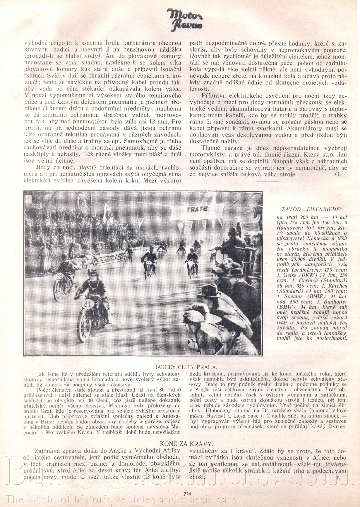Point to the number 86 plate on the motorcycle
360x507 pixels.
(60, 276)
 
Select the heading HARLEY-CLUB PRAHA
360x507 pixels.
(185, 367)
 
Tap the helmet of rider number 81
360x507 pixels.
(92, 271)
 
